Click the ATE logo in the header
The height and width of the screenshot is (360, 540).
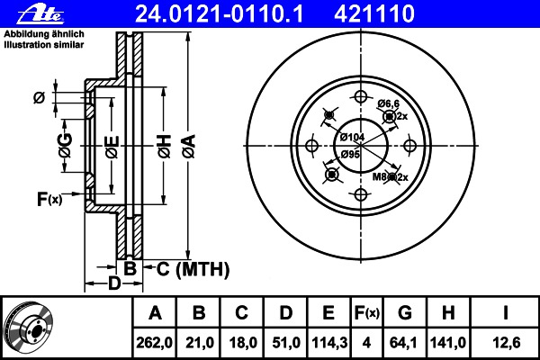tap(40, 14)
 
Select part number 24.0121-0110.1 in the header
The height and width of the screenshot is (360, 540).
tap(219, 13)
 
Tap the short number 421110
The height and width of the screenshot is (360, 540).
tap(374, 13)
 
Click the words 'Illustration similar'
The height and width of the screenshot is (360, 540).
tap(44, 45)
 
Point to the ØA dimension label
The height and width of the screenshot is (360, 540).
tap(189, 146)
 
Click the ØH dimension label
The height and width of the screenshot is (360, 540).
tap(165, 146)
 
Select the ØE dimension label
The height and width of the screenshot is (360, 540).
tap(112, 147)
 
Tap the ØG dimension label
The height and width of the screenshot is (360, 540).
tap(66, 145)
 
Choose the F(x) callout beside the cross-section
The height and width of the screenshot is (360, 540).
tap(49, 199)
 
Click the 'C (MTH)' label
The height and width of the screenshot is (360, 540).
tap(193, 269)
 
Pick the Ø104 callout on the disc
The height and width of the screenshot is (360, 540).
tap(352, 137)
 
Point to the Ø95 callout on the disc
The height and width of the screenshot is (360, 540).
tap(350, 154)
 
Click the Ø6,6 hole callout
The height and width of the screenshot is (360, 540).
tap(388, 103)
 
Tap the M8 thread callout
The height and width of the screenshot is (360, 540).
tap(380, 176)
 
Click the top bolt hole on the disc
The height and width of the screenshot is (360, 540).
tap(361, 97)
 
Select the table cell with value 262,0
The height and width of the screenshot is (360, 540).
tap(154, 342)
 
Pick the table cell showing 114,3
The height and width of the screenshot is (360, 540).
tap(329, 342)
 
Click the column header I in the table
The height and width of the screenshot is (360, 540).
tap(505, 312)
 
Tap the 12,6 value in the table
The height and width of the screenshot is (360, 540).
tap(505, 342)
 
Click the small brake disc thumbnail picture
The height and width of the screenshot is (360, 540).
tap(29, 328)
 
